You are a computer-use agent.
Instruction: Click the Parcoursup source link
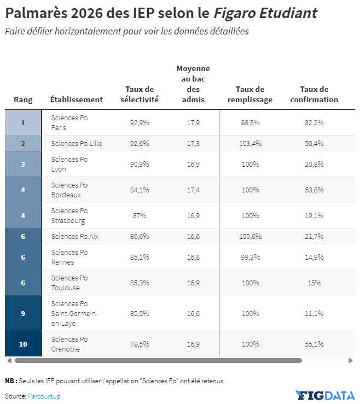[44, 396]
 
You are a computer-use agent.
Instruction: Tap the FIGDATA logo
[325, 395]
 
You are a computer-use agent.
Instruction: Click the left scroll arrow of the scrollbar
[9, 360]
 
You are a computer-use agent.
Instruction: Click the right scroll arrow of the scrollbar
[351, 360]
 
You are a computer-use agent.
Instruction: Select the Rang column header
[23, 99]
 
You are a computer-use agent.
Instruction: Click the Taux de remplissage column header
[250, 94]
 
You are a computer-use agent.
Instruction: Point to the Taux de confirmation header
[314, 94]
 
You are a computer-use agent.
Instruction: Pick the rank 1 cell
[23, 122]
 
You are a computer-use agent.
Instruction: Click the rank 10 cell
[23, 344]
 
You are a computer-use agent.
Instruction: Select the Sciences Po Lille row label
[77, 144]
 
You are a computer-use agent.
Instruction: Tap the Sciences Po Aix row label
[75, 237]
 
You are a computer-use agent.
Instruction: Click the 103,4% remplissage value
[251, 144]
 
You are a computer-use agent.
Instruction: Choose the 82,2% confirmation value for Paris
[314, 122]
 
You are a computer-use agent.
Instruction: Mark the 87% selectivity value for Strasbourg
[140, 215]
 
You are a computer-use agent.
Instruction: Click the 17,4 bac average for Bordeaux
[193, 190]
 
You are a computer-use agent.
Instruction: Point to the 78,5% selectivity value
[140, 344]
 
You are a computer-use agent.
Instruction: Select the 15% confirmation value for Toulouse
[314, 283]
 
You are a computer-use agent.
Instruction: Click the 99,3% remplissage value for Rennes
[251, 257]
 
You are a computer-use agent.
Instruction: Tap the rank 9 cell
[23, 313]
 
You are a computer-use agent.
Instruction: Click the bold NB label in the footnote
[11, 381]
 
